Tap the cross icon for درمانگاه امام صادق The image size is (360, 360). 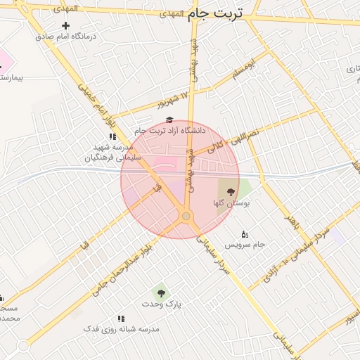tap(66, 26)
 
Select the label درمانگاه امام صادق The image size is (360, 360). tap(66, 37)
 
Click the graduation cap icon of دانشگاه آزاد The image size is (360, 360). tap(169, 120)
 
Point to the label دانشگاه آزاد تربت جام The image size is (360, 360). tap(169, 131)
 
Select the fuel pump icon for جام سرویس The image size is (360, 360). tap(245, 234)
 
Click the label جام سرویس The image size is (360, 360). tap(245, 245)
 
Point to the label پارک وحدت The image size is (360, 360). tap(168, 304)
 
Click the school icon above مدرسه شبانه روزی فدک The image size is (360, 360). tap(121, 319)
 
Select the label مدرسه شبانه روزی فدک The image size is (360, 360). tap(121, 329)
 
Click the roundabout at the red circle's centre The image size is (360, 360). tap(186, 217)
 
